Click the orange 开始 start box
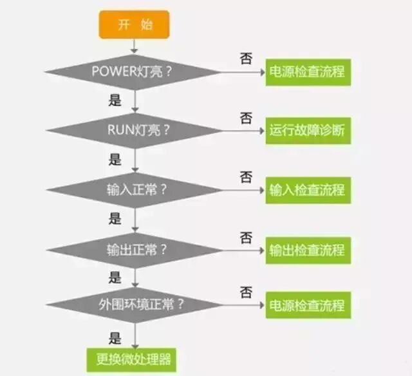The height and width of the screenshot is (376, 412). coord(134,24)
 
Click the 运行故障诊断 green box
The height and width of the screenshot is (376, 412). coord(308,131)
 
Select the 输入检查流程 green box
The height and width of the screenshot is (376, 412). coord(308,191)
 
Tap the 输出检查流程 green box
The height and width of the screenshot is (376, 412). coord(308,250)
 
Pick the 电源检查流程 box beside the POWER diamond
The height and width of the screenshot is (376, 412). coord(308,71)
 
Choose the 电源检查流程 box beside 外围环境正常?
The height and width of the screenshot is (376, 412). coord(308,305)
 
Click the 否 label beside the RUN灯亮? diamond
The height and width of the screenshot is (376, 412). coord(246,118)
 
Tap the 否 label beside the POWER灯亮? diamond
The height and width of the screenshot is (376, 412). coord(246,58)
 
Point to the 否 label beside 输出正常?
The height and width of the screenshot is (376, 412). coord(246,238)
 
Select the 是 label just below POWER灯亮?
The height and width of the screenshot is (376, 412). coord(115,100)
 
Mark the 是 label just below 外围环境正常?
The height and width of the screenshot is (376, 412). coord(115,337)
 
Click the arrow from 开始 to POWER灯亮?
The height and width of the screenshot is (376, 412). coord(134,45)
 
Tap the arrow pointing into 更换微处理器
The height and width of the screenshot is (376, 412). coord(134,337)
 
